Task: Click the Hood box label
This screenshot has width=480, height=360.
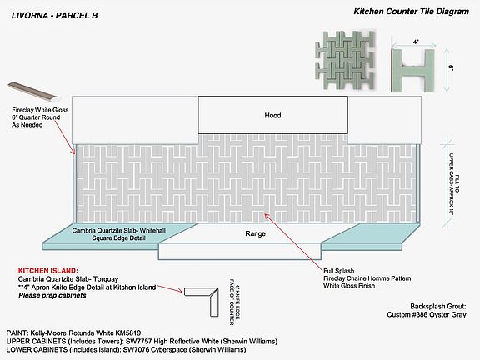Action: [x=272, y=115]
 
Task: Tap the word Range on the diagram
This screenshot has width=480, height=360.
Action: [x=255, y=233]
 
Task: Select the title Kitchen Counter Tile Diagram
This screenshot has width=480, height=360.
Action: [x=411, y=12]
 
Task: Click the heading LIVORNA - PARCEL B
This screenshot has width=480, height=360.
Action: [x=54, y=16]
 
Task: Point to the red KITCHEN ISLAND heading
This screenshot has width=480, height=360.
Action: [x=48, y=271]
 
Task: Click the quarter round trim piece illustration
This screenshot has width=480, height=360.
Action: [x=34, y=91]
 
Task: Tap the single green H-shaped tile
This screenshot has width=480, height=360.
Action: [x=413, y=70]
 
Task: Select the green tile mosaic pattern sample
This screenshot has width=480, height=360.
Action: [x=344, y=60]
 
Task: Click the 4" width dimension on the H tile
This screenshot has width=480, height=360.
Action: [x=415, y=42]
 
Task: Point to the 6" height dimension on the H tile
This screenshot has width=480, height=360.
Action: [x=451, y=67]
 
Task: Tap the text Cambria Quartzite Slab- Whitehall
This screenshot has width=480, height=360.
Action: [x=119, y=230]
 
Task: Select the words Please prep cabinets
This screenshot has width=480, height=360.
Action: [x=52, y=295]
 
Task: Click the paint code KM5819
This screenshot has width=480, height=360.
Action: [x=128, y=332]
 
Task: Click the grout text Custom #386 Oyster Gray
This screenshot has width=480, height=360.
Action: [x=427, y=314]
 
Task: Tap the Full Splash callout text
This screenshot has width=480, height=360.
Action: [x=339, y=271]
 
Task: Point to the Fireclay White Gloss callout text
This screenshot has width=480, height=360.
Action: [x=40, y=110]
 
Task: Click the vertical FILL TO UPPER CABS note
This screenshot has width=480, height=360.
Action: [x=454, y=183]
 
